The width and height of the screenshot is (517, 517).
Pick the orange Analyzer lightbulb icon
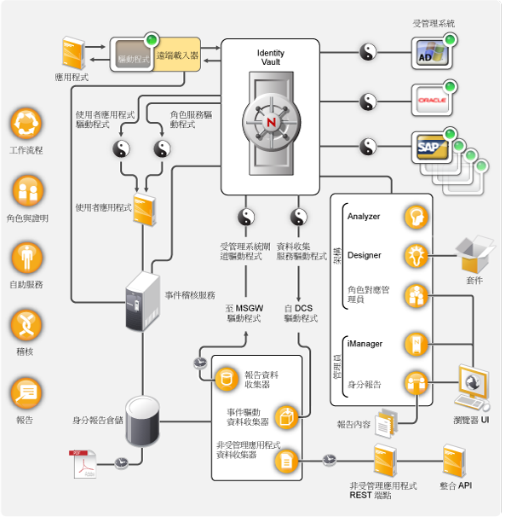coord(416,216)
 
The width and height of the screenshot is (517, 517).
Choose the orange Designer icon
coord(416,255)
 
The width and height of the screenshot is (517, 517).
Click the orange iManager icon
coord(416,344)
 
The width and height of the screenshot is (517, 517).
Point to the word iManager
coord(365,344)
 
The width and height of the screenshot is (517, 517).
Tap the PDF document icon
coord(83,463)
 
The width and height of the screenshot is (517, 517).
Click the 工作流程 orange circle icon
coord(26,124)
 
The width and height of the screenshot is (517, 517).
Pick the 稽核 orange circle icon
coord(26,325)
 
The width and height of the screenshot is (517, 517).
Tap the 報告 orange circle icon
coord(26,393)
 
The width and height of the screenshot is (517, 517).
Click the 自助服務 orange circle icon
coord(26,258)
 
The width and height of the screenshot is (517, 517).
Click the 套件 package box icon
coord(474,253)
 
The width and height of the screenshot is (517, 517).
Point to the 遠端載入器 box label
coord(177,54)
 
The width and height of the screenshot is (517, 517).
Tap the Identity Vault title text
coord(271,59)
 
